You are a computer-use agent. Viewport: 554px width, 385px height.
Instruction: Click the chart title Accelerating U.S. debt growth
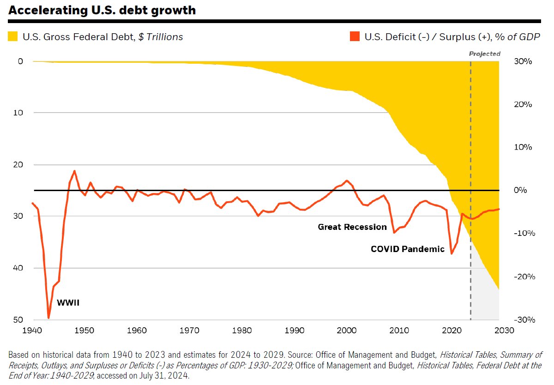(x=102, y=10)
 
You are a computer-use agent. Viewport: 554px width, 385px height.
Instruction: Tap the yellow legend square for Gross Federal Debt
(x=12, y=36)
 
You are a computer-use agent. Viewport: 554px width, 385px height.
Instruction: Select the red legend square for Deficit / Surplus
(x=355, y=36)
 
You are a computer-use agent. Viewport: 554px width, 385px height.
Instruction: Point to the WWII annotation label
(x=68, y=303)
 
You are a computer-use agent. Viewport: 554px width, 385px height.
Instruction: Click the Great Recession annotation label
(x=352, y=227)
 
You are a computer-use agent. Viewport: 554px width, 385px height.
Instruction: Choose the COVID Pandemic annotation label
(x=408, y=249)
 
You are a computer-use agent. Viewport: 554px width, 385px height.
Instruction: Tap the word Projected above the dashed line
(x=485, y=54)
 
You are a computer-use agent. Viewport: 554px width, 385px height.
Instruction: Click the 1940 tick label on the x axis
(x=32, y=331)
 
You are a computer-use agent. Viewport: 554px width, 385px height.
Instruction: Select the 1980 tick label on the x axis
(x=241, y=331)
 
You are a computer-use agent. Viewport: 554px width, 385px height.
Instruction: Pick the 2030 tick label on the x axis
(x=504, y=331)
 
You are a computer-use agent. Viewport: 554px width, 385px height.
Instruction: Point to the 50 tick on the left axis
(x=18, y=320)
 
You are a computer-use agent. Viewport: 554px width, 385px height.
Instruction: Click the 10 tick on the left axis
(x=18, y=113)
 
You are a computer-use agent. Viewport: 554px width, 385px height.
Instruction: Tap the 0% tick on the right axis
(x=520, y=190)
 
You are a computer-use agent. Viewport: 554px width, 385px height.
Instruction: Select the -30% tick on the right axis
(x=524, y=320)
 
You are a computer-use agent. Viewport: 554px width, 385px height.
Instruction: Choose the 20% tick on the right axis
(x=523, y=104)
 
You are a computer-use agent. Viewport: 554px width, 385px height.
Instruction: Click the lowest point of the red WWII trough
(x=48, y=318)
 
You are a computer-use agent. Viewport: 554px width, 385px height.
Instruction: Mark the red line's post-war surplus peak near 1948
(x=74, y=171)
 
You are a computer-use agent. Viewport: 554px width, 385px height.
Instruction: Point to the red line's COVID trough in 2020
(x=452, y=254)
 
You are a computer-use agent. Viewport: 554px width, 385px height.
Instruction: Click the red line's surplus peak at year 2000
(x=347, y=180)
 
